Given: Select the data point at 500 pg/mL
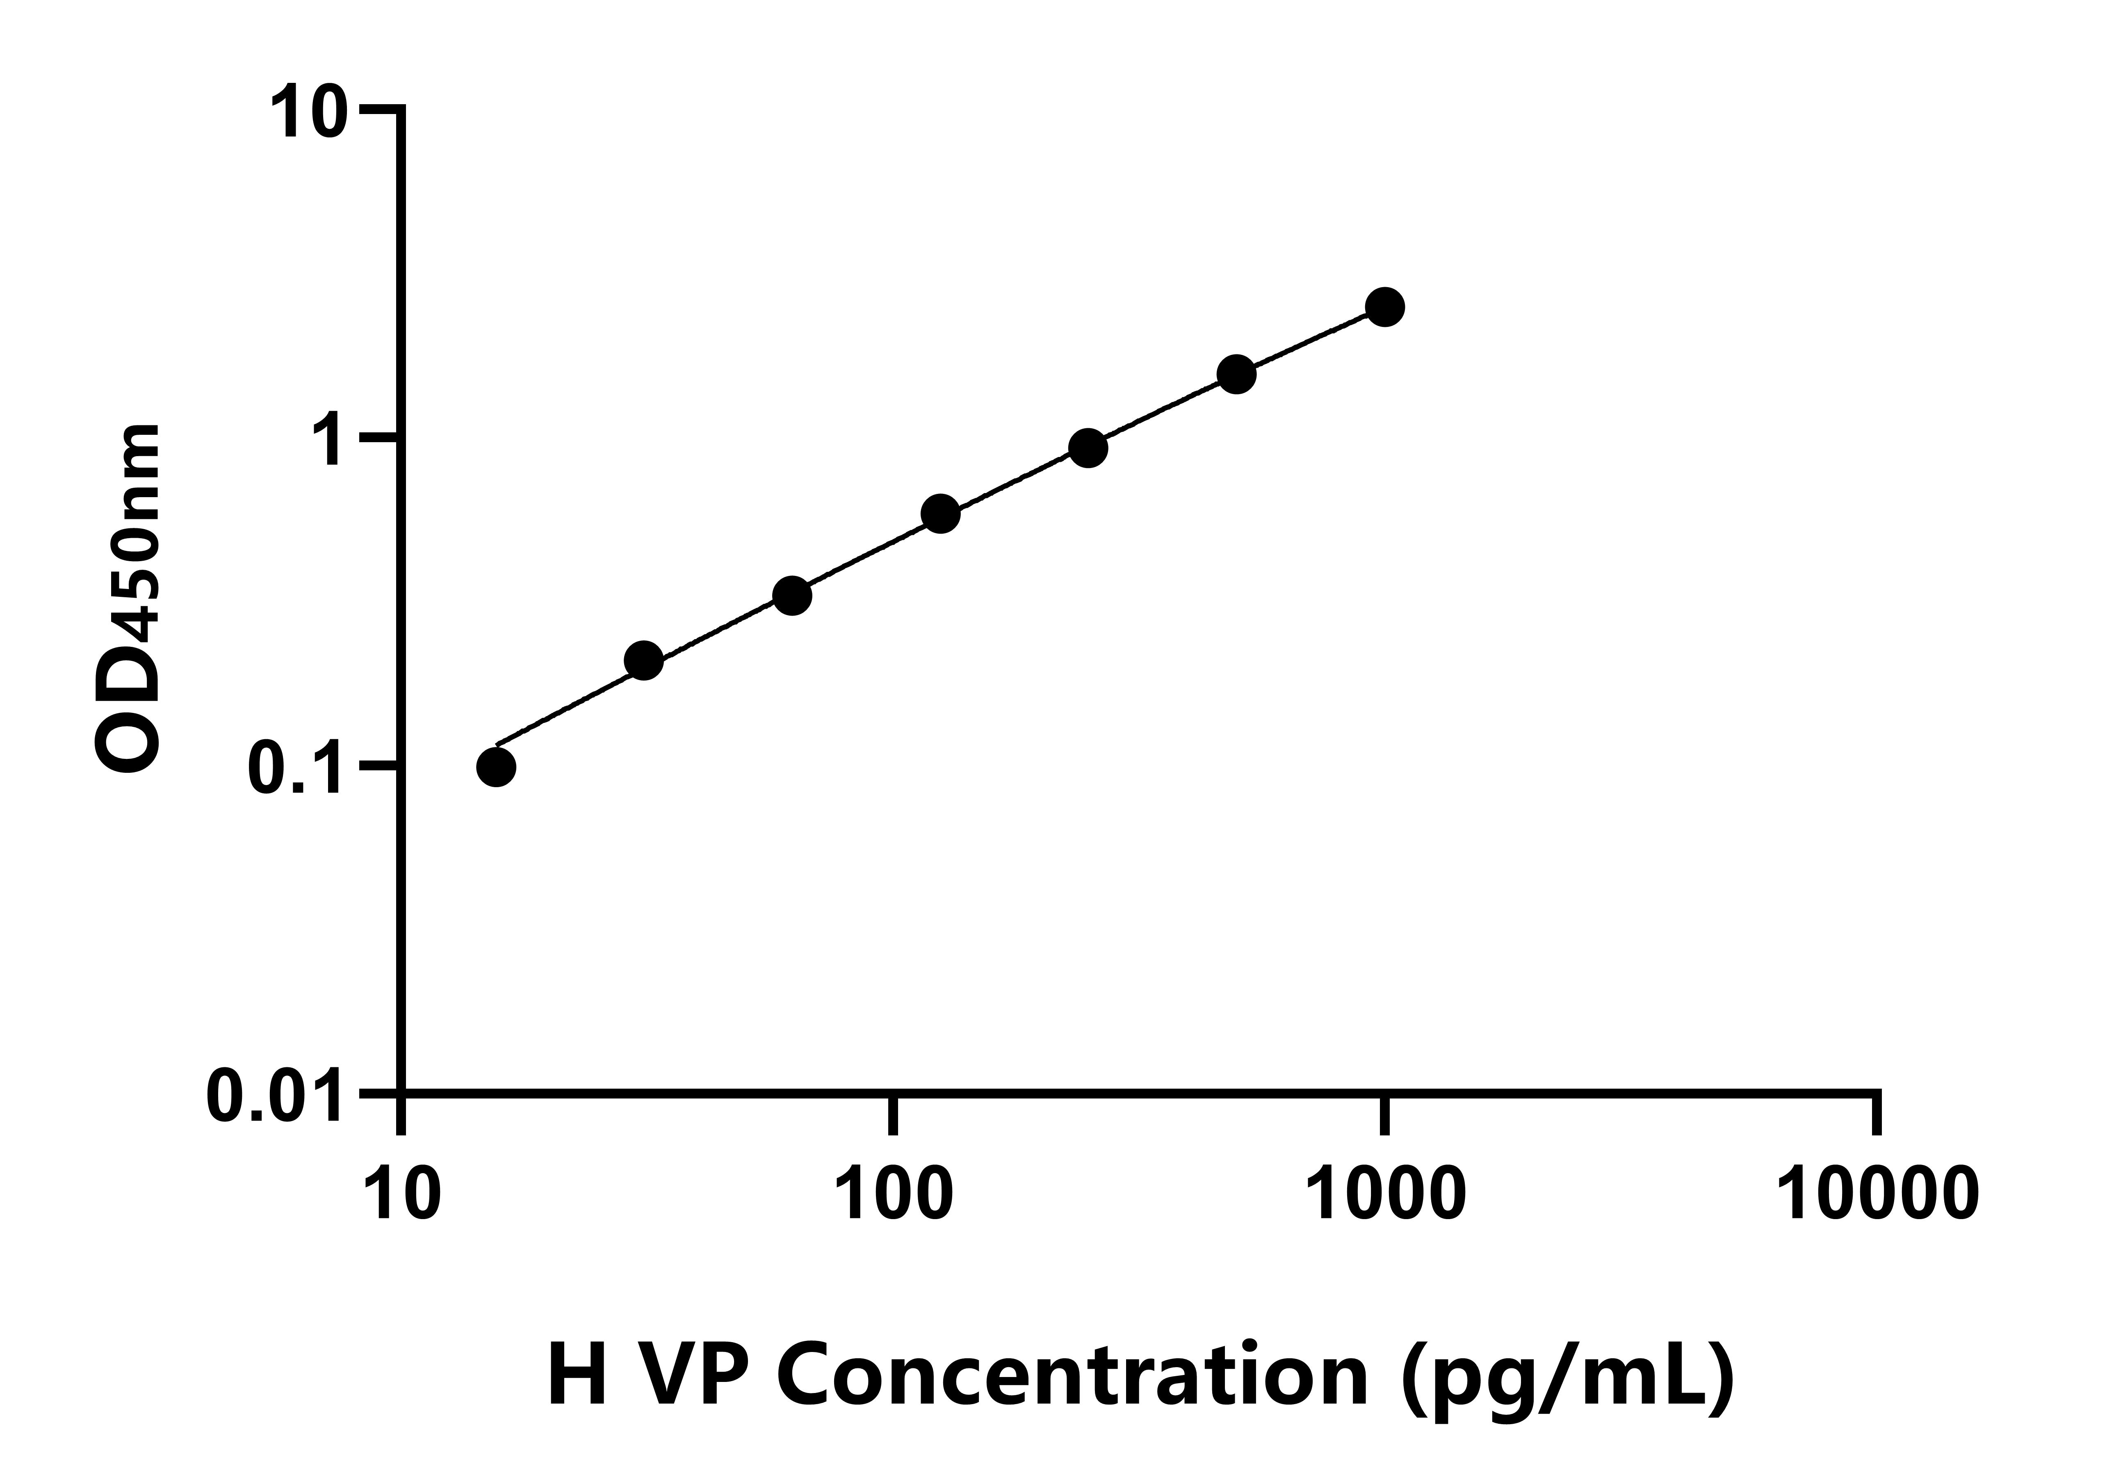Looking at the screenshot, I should point(1236,374).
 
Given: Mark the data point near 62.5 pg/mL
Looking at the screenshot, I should point(792,596).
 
